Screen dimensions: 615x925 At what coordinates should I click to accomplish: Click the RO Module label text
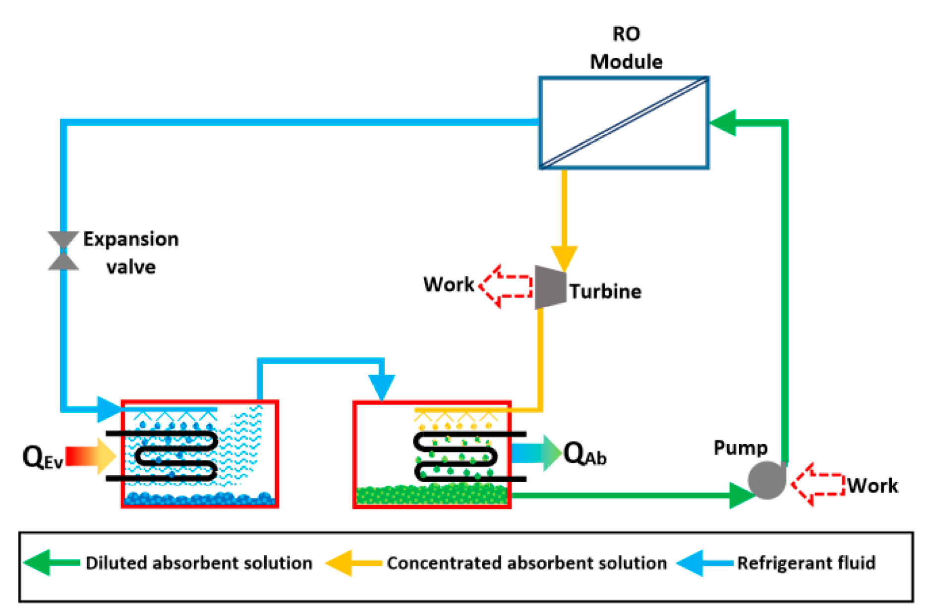(626, 48)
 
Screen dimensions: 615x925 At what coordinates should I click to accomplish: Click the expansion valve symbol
(63, 251)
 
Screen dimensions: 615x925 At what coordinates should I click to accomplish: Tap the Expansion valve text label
(131, 253)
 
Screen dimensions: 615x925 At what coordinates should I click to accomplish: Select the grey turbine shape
(550, 287)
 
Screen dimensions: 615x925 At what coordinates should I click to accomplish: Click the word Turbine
(605, 291)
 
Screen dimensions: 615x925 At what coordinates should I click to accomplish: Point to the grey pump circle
(766, 480)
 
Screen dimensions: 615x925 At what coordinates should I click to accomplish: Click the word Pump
(740, 447)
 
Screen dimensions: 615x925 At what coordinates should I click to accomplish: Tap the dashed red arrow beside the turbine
(506, 286)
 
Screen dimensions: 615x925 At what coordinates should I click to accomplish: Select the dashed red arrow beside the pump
(818, 484)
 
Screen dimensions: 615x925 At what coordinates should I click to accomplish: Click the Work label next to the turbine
(448, 284)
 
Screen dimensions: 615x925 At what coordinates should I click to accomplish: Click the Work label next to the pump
(872, 486)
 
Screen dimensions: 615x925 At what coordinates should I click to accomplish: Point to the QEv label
(43, 457)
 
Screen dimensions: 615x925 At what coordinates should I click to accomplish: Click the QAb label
(585, 453)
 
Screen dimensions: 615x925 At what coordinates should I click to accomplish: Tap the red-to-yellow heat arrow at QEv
(90, 456)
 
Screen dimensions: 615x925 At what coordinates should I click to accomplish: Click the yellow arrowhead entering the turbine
(564, 258)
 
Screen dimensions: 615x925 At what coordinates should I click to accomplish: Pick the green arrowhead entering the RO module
(724, 122)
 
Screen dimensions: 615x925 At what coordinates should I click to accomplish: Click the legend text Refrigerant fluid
(806, 563)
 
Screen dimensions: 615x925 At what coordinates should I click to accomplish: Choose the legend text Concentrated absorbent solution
(526, 563)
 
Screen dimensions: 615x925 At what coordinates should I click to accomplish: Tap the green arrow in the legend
(52, 562)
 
